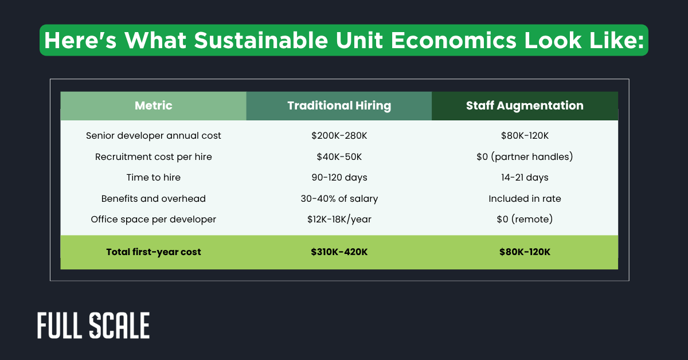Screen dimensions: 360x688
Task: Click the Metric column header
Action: pyautogui.click(x=153, y=105)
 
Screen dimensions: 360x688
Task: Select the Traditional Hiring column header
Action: pyautogui.click(x=339, y=105)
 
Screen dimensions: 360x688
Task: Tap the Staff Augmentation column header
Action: pyautogui.click(x=525, y=105)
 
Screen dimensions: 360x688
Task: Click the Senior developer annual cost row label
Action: pyautogui.click(x=153, y=136)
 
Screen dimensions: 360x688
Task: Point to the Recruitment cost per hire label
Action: pyautogui.click(x=153, y=156)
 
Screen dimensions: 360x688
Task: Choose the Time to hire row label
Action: pyautogui.click(x=153, y=178)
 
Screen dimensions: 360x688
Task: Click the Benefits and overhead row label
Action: pyautogui.click(x=153, y=198)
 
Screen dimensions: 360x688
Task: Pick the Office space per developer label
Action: pyautogui.click(x=153, y=220)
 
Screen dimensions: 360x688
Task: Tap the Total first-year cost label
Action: pyautogui.click(x=153, y=252)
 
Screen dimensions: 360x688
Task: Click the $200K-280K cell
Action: pyautogui.click(x=339, y=136)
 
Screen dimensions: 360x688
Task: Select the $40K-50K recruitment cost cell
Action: pyautogui.click(x=339, y=156)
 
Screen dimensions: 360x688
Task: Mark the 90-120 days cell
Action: pyautogui.click(x=339, y=178)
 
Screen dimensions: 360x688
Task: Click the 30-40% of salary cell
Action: pyautogui.click(x=339, y=198)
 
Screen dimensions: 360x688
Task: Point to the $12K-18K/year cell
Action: pyautogui.click(x=339, y=220)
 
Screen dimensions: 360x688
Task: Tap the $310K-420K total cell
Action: pyautogui.click(x=339, y=252)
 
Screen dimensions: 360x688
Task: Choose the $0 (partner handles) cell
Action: pyautogui.click(x=525, y=156)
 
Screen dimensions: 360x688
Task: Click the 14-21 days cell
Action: pyautogui.click(x=525, y=178)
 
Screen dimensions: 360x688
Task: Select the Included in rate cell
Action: pyautogui.click(x=525, y=198)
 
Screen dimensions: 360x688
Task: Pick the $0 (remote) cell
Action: pyautogui.click(x=525, y=220)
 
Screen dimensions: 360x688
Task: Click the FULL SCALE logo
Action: pyautogui.click(x=93, y=326)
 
